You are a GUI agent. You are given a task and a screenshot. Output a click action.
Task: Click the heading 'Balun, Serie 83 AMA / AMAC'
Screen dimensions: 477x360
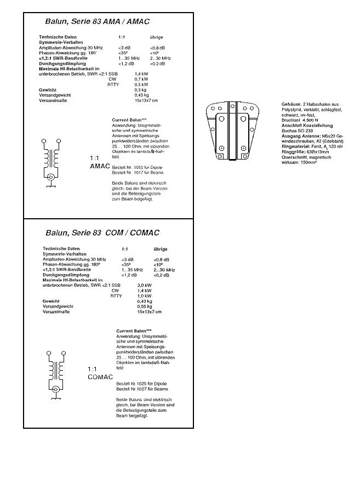pyautogui.click(x=91, y=22)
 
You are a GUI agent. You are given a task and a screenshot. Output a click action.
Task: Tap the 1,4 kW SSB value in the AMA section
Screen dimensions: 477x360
pyautogui.click(x=141, y=74)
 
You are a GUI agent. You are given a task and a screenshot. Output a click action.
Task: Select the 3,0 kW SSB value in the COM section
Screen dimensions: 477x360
pyautogui.click(x=144, y=285)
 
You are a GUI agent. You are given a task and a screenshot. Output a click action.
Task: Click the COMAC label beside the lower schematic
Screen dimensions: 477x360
pyautogui.click(x=100, y=377)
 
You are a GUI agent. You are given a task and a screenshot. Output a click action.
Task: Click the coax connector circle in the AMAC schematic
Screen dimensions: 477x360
pyautogui.click(x=52, y=177)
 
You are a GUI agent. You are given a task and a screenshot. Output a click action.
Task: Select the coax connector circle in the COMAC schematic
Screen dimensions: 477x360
pyautogui.click(x=56, y=389)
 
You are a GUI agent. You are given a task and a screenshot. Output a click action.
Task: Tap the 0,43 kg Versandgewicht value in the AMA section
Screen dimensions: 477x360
pyautogui.click(x=142, y=95)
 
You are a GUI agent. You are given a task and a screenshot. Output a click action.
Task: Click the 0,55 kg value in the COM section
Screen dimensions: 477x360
pyautogui.click(x=145, y=306)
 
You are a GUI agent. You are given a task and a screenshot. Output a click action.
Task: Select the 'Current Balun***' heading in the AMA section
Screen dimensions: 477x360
pyautogui.click(x=129, y=120)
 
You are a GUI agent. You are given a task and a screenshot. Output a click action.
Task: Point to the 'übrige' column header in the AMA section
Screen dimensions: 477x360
pyautogui.click(x=156, y=37)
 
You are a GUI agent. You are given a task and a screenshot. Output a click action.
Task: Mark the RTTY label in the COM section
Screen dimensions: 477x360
pyautogui.click(x=116, y=296)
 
